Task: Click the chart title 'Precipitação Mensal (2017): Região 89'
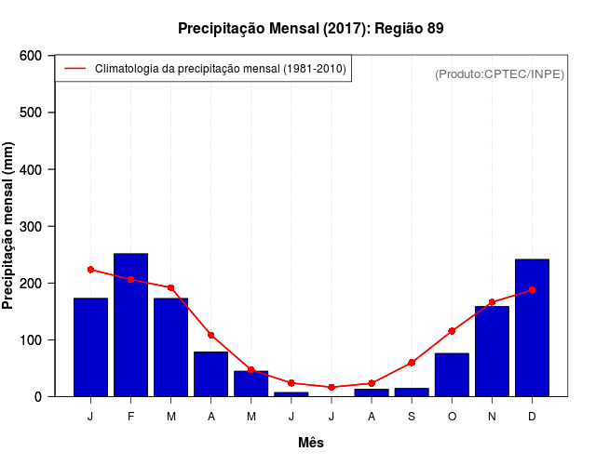(310, 29)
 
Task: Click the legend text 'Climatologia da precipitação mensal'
(221, 69)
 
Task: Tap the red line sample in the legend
(74, 69)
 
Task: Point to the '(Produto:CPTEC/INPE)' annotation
(499, 73)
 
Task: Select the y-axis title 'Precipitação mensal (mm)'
(8, 226)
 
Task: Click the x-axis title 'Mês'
(311, 443)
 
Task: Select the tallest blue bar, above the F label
(130, 325)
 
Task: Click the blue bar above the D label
(532, 327)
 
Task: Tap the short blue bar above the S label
(412, 392)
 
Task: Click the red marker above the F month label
(130, 279)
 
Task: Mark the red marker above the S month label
(412, 363)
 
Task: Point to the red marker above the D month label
(532, 290)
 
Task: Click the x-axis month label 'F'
(130, 417)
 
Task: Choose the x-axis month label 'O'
(452, 417)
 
